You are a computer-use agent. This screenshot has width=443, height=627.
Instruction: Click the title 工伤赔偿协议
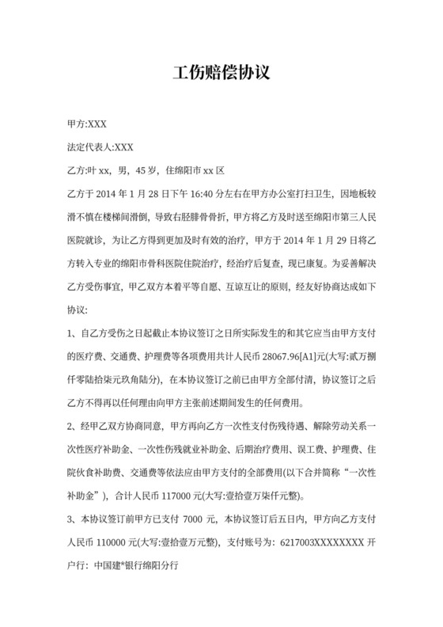[x=221, y=74]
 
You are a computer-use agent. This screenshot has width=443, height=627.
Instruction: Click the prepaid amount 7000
[x=193, y=522]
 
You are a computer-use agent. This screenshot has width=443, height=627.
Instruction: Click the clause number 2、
[x=73, y=430]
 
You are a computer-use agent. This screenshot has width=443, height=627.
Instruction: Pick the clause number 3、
[x=73, y=522]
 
